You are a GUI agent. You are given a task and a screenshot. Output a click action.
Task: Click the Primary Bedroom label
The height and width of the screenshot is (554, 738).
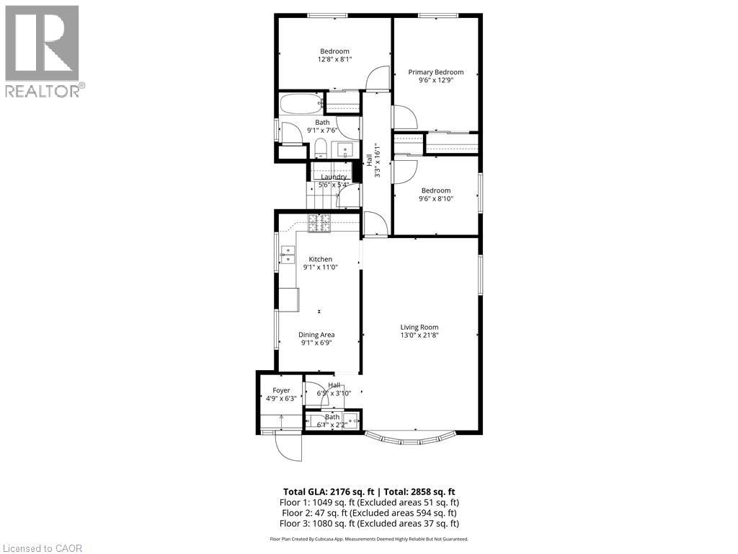(x=435, y=72)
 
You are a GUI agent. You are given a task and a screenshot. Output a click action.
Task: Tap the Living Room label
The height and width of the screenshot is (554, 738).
(x=419, y=327)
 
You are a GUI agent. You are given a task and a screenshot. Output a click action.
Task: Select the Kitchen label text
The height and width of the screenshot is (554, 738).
(x=321, y=260)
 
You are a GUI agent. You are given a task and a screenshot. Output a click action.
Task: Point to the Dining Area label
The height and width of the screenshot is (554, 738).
(x=317, y=335)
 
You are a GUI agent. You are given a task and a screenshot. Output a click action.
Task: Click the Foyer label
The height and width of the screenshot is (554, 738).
(x=281, y=390)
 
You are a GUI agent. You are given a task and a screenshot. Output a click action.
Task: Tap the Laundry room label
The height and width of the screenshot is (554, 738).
(x=334, y=177)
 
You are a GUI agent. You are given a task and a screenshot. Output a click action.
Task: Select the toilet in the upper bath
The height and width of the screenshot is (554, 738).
(x=321, y=149)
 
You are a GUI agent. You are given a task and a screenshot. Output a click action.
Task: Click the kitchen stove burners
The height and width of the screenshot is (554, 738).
(x=319, y=224)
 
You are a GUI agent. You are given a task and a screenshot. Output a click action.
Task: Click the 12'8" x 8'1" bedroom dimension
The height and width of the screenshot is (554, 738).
(x=334, y=60)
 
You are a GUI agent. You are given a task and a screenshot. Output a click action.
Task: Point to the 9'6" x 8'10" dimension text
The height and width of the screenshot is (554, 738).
(x=435, y=199)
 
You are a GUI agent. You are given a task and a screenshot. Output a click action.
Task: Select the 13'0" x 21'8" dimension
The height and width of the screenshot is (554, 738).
(x=419, y=335)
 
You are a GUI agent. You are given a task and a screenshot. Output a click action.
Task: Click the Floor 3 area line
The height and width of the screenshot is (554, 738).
(x=368, y=523)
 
